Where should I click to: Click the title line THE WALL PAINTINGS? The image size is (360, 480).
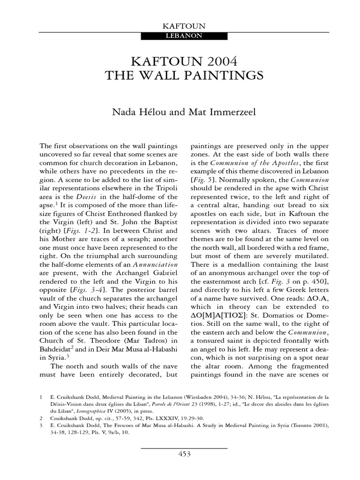[x=180, y=75]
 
